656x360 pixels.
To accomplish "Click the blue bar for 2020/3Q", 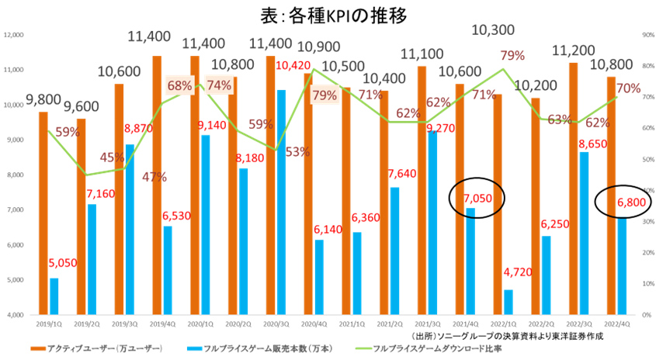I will tap(280, 202).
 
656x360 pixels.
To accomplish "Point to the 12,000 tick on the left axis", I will tap(14, 35).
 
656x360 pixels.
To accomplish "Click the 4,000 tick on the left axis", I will tap(16, 315).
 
